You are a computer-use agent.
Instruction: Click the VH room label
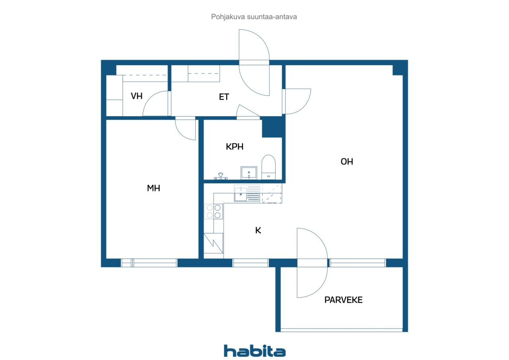point(136,96)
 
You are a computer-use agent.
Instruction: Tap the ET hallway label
point(224,97)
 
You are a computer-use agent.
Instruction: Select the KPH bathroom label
point(235,147)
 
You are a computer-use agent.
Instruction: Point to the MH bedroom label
point(153,188)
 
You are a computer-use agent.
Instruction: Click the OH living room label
point(347,162)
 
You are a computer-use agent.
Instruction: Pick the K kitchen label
point(258,230)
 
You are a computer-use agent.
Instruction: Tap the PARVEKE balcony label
point(343,300)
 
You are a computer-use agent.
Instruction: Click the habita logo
point(255,351)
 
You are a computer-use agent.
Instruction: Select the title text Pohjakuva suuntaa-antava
point(254,17)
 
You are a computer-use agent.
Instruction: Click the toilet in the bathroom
point(268,167)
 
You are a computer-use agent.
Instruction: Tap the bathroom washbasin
point(249,173)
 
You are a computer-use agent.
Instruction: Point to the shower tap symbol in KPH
point(220,176)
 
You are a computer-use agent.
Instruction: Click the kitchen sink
point(241,194)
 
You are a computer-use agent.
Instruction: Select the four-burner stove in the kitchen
point(214,211)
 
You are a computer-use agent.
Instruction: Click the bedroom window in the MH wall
point(149,263)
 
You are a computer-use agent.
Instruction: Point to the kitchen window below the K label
point(251,263)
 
